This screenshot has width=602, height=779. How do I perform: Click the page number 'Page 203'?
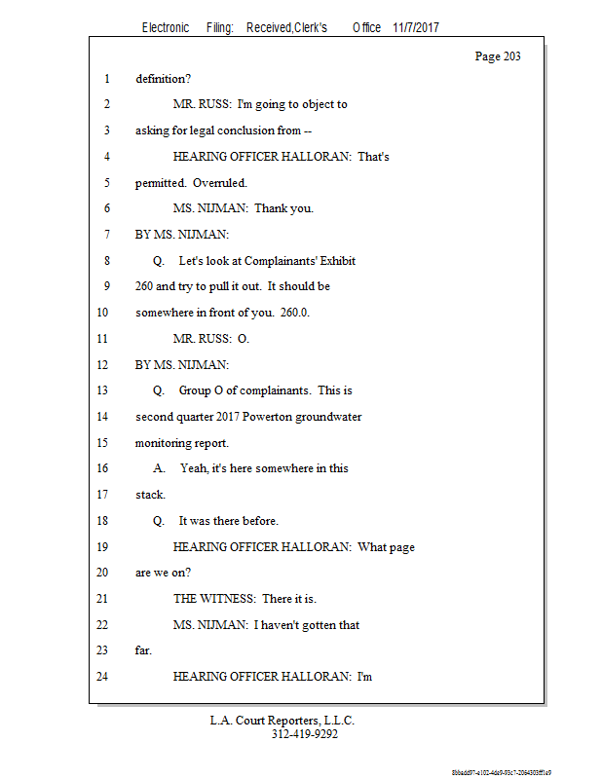tap(498, 56)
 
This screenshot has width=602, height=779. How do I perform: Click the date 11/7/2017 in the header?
tap(416, 28)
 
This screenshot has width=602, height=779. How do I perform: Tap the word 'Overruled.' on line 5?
tap(220, 182)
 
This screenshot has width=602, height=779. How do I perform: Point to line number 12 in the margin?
tap(102, 364)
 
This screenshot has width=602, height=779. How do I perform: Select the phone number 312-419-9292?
tap(304, 734)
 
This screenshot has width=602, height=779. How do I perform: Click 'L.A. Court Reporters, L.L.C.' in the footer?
tap(282, 721)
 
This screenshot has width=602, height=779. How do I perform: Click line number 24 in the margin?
tap(102, 676)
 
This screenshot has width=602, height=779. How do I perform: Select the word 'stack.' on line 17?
tap(150, 495)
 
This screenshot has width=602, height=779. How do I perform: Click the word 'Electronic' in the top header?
tap(166, 28)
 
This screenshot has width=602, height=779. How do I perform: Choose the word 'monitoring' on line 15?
tap(166, 442)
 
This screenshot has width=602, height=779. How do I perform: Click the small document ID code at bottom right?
tap(501, 771)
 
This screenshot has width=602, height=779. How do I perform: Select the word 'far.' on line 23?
tap(144, 650)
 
